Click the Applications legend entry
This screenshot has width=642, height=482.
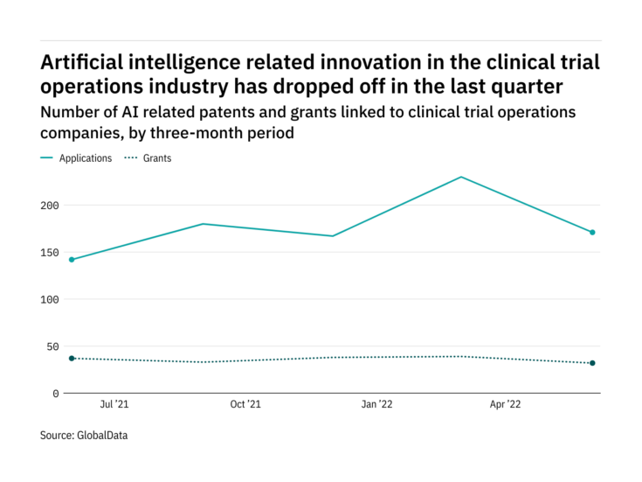[x=85, y=158]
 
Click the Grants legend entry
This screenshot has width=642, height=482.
[x=157, y=158]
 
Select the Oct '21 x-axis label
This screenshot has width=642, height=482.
[x=245, y=405]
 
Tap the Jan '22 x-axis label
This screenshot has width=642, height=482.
[x=376, y=405]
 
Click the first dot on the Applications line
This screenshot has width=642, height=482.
[x=72, y=260]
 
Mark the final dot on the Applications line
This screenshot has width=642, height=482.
[x=592, y=232]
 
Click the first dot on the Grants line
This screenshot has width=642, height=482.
[x=72, y=359]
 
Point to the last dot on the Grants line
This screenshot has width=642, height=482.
[x=592, y=363]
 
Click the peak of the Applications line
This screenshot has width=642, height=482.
[x=461, y=178]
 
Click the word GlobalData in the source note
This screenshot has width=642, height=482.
[x=103, y=435]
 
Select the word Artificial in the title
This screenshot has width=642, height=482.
[x=83, y=62]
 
